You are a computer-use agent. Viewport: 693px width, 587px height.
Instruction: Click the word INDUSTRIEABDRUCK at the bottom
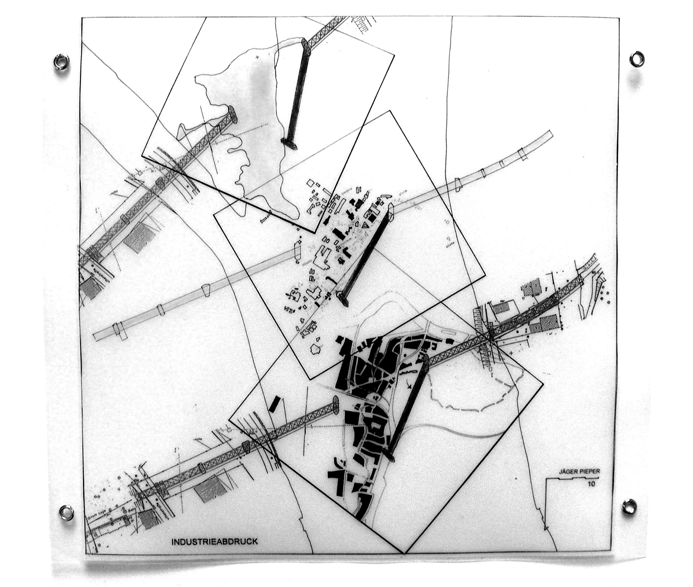pos(214,542)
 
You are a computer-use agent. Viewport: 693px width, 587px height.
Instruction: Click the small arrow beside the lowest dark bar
pos(409,386)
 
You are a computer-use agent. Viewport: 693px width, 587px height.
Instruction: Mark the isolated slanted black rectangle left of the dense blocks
pos(275,404)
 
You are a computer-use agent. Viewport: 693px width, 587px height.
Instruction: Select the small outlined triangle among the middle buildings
pos(366,226)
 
